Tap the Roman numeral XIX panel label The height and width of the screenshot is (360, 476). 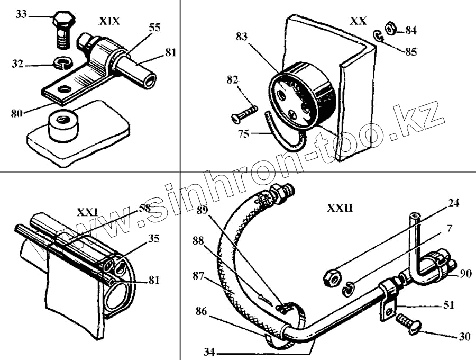[109, 22]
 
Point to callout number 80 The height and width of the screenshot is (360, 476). [17, 113]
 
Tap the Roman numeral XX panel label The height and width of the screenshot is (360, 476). [358, 21]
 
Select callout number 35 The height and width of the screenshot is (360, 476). [153, 239]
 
